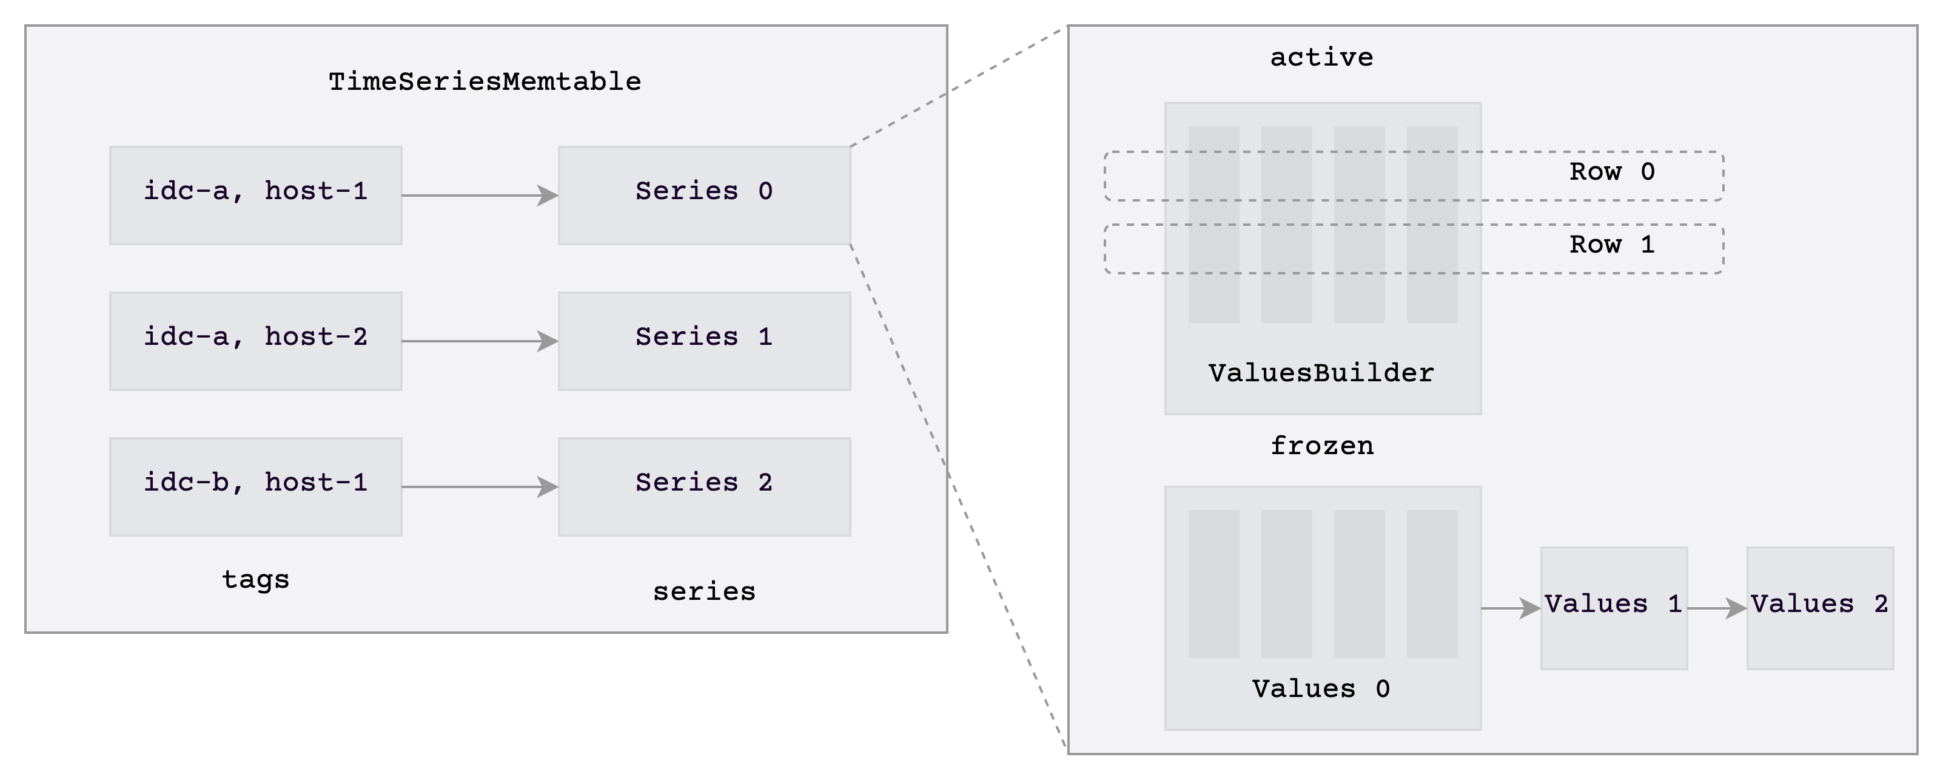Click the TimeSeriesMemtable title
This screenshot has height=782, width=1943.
485,81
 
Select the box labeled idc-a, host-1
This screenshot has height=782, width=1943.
256,195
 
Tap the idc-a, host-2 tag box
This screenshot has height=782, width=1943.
256,341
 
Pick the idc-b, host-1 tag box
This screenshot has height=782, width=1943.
256,486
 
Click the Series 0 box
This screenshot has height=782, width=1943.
703,195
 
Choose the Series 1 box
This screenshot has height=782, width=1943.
703,341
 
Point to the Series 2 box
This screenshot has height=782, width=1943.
703,486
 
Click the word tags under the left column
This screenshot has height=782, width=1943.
256,580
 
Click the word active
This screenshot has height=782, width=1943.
1321,57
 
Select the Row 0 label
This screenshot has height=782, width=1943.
1612,172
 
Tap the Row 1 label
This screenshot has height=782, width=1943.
1612,245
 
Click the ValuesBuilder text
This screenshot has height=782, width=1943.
1321,373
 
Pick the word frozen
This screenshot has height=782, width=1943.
1321,446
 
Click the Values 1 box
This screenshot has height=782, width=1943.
1613,608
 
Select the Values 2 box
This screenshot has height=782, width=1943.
1819,608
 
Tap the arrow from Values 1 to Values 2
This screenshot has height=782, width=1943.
1717,608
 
